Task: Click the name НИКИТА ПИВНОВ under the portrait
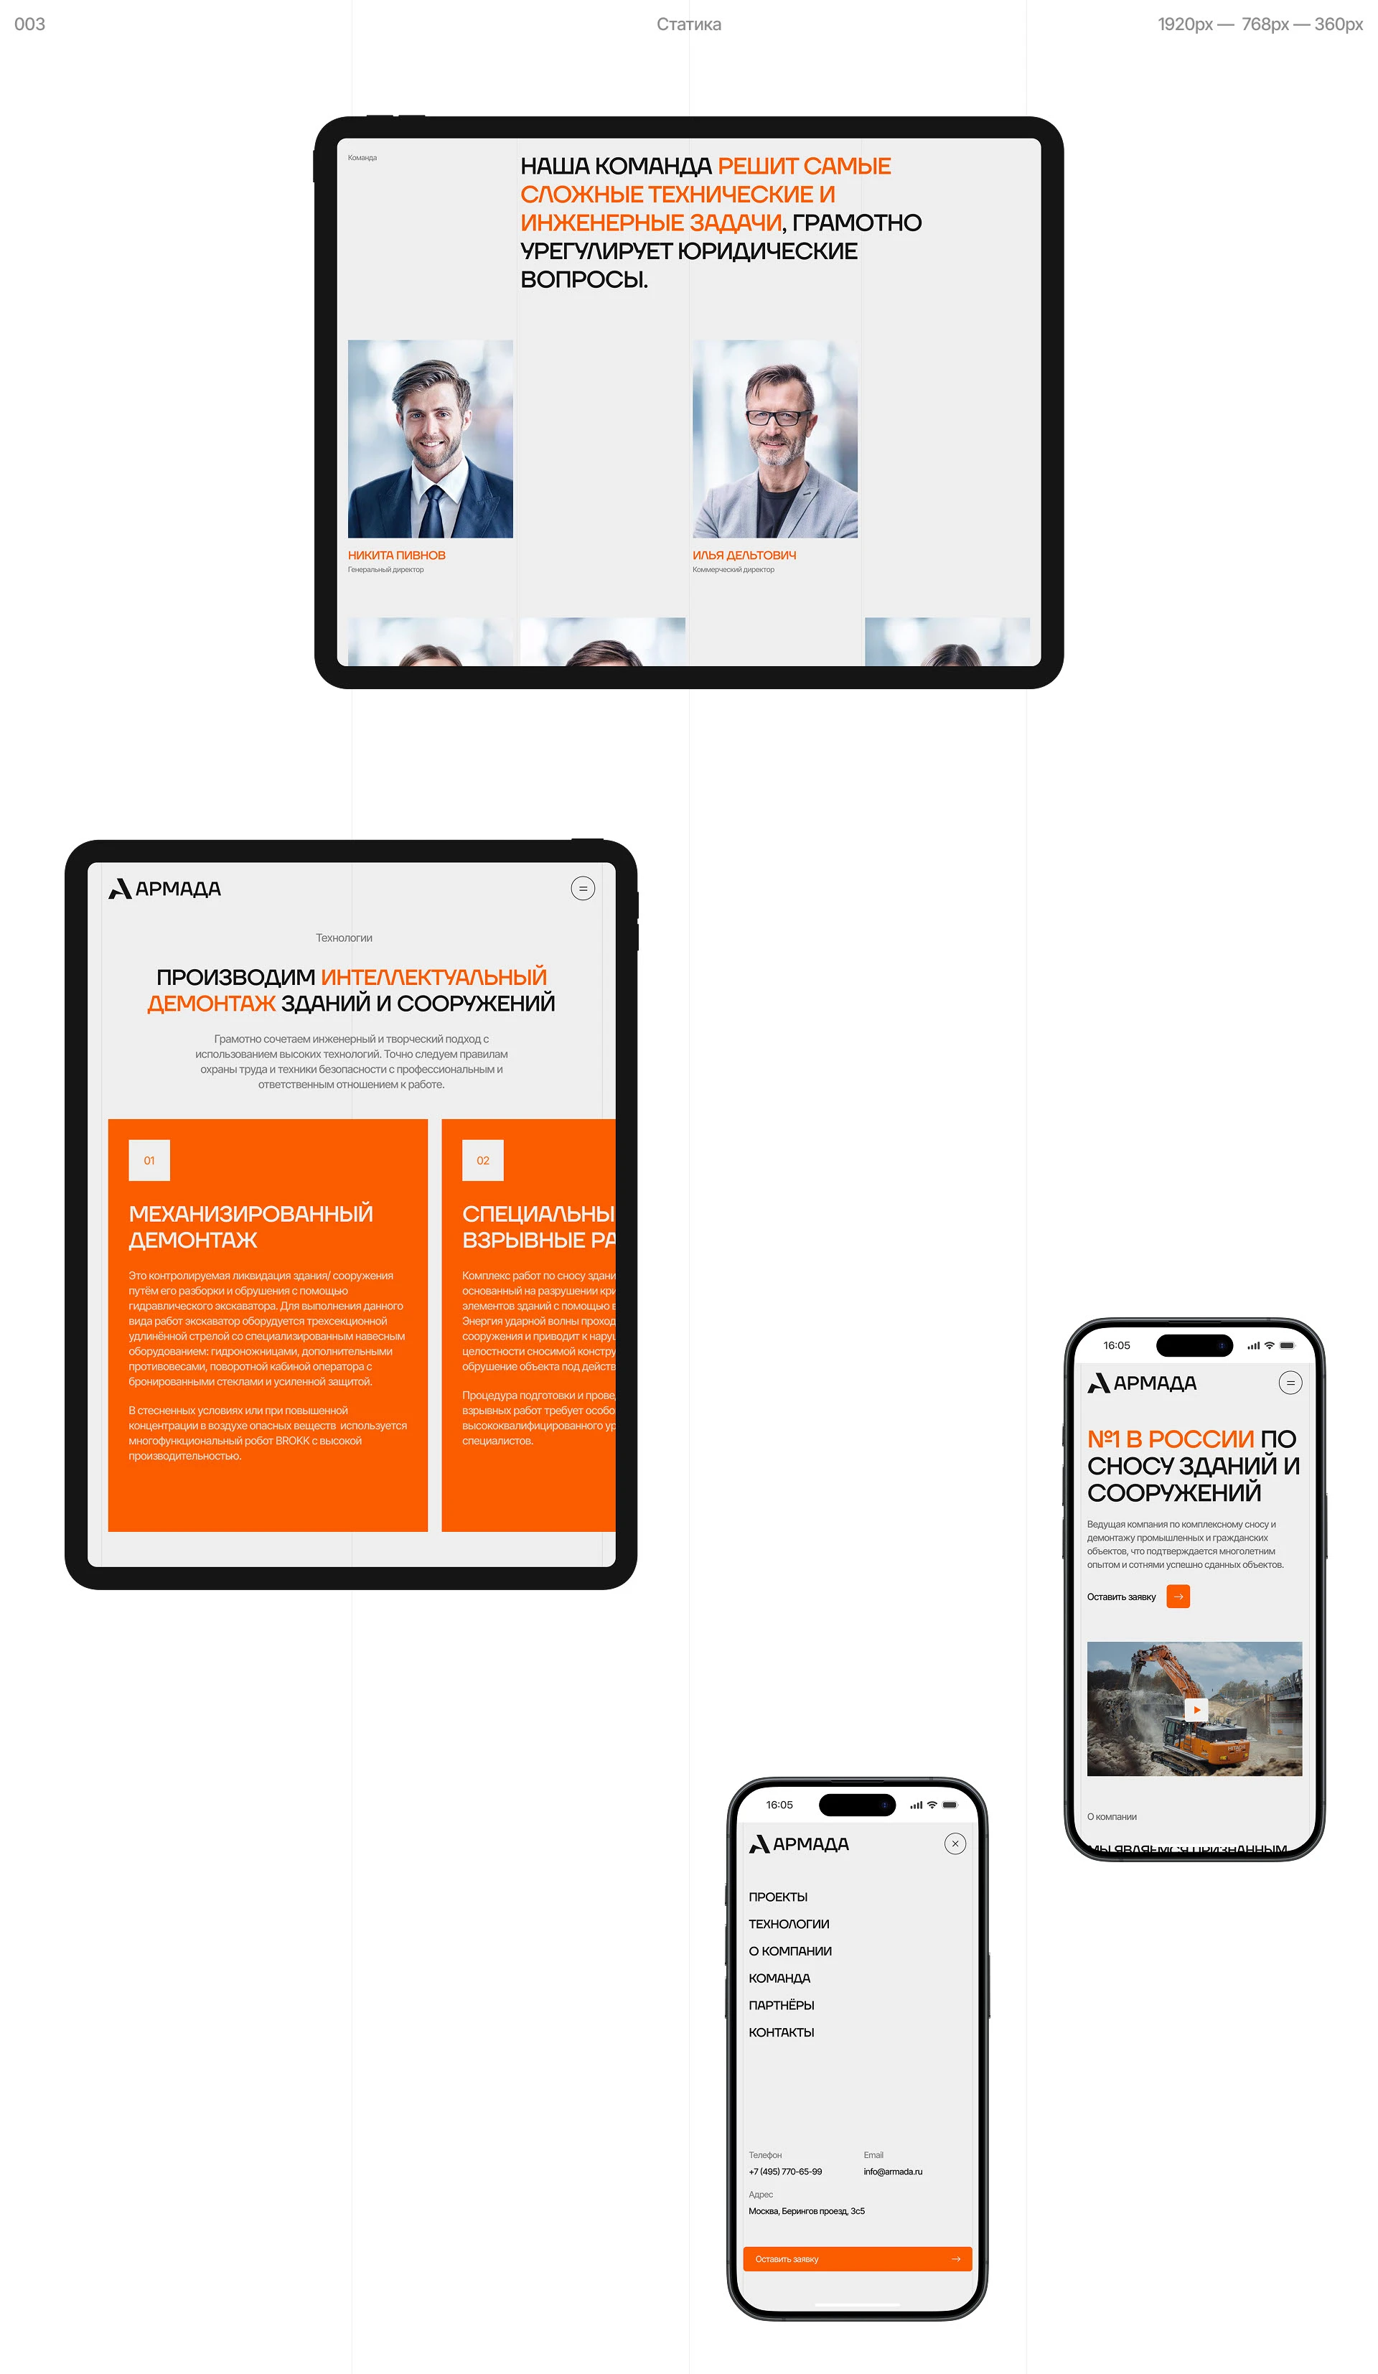[x=397, y=556]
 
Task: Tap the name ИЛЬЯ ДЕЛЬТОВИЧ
[x=744, y=556]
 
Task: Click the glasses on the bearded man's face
[x=775, y=416]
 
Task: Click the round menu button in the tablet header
[x=583, y=889]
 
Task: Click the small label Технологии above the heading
[x=344, y=938]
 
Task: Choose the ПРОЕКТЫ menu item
[x=778, y=1897]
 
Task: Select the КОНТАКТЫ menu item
[x=782, y=2033]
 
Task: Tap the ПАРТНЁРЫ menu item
[x=782, y=2006]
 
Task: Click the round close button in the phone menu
[x=955, y=1844]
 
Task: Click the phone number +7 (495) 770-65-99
[x=786, y=2172]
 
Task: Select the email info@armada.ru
[x=893, y=2172]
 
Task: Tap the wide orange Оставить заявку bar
[x=857, y=2259]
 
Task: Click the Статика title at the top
[x=688, y=24]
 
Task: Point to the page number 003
[x=30, y=24]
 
